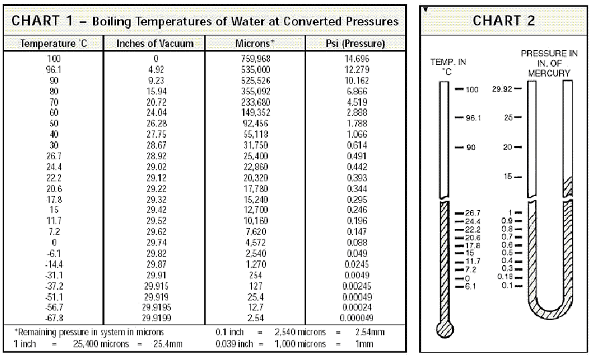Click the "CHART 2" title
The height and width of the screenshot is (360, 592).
[x=504, y=20]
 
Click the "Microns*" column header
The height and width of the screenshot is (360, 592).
[x=254, y=43]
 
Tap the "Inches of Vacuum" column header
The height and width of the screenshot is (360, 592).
[x=155, y=43]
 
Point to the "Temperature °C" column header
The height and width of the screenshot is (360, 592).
[x=54, y=43]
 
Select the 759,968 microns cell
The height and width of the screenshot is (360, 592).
[x=254, y=59]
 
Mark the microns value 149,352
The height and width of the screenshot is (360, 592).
[x=254, y=112]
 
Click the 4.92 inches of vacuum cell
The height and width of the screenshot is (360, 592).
[x=155, y=69]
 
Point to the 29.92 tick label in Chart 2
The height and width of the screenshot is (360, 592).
[x=503, y=89]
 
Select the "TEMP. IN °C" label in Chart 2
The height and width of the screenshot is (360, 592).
[x=443, y=66]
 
